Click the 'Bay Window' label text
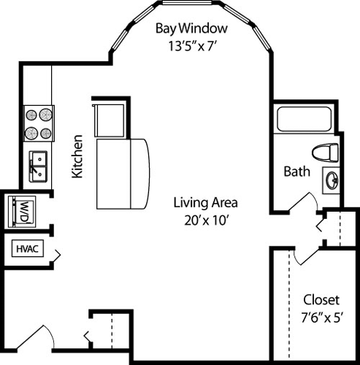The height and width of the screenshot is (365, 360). (192, 29)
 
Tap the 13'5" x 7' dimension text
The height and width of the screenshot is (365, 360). (192, 45)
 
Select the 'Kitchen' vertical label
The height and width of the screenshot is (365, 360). (76, 155)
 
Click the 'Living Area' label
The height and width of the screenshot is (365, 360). (205, 201)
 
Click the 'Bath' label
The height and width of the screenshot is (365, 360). (296, 172)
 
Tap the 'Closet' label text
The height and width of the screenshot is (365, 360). (321, 299)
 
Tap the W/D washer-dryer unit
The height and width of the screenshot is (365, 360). (21, 212)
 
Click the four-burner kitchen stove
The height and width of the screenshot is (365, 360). (39, 124)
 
